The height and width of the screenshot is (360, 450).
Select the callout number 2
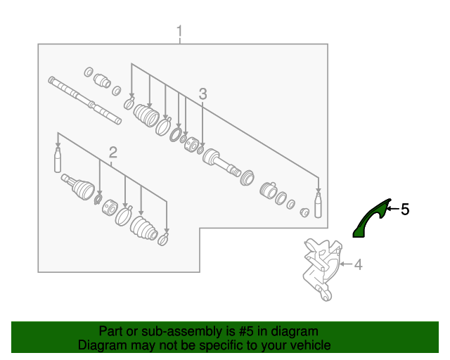tap(112, 153)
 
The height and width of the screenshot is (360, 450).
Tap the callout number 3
tap(202, 94)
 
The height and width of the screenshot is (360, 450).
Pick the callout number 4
tap(358, 264)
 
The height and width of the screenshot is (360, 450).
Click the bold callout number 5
tap(405, 210)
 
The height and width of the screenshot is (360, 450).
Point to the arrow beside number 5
tap(393, 209)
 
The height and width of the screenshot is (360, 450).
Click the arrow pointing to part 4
tap(345, 264)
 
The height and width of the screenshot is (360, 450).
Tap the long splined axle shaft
tap(84, 101)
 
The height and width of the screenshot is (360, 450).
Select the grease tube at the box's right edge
tap(318, 205)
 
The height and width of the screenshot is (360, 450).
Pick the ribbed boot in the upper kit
tap(146, 115)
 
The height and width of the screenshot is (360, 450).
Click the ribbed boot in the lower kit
tap(143, 228)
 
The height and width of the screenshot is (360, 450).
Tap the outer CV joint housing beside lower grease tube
tap(78, 186)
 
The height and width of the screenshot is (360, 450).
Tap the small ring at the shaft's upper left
tap(89, 72)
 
